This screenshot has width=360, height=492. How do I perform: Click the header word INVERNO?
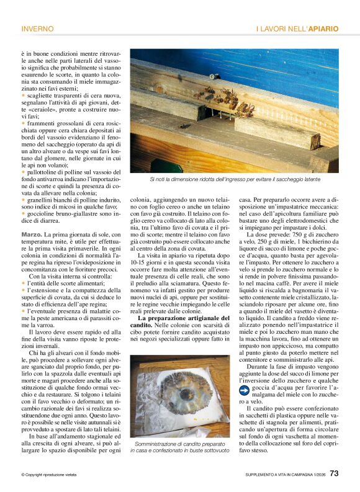37,29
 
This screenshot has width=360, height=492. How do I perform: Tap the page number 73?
333,473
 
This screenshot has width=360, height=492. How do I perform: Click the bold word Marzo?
32,234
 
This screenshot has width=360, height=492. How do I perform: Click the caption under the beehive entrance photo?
234,179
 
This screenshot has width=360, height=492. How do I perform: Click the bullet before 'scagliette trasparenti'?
23,95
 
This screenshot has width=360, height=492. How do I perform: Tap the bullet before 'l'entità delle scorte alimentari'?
23,282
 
